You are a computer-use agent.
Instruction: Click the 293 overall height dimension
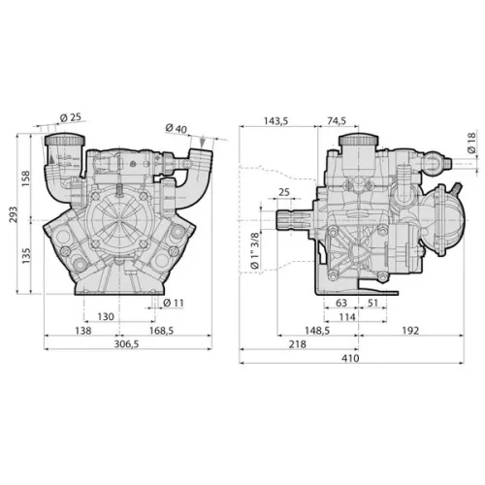click(x=14, y=214)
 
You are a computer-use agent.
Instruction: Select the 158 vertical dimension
click(x=25, y=178)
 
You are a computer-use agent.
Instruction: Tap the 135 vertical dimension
click(x=25, y=256)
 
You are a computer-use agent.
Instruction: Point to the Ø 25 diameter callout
click(x=71, y=117)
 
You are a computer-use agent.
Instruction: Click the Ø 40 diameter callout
click(x=177, y=128)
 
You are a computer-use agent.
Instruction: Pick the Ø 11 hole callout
click(x=174, y=303)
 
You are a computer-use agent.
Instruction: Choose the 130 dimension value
click(x=106, y=316)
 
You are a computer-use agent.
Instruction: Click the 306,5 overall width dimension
click(x=126, y=344)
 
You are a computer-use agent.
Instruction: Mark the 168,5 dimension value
click(x=161, y=331)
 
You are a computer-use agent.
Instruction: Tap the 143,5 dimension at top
click(x=275, y=121)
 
